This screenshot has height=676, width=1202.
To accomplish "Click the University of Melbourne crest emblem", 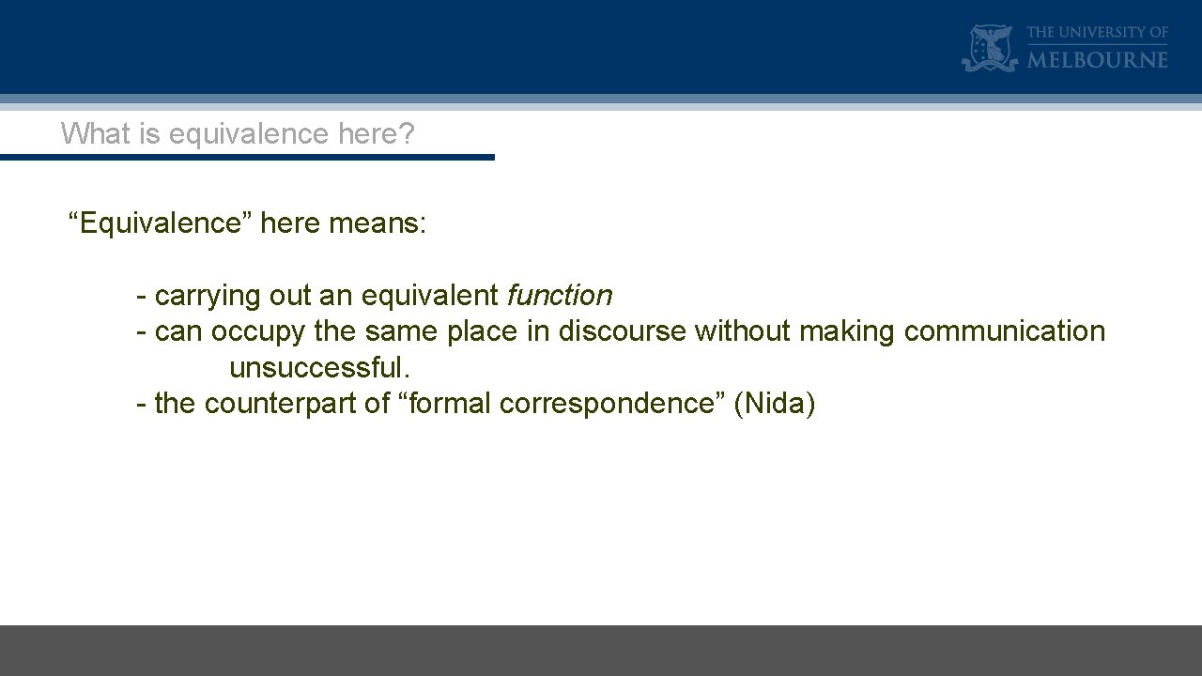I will click(x=990, y=48).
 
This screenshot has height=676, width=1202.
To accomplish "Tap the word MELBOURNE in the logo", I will click(x=1097, y=60).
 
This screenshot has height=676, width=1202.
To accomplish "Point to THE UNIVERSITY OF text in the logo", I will click(x=1097, y=33).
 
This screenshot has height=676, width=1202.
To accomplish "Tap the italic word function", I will click(x=559, y=296).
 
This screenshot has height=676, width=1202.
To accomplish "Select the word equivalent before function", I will click(x=429, y=296).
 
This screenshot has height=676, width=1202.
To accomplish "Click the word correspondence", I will click(x=607, y=404).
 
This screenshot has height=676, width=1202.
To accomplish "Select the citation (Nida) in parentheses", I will click(x=775, y=404).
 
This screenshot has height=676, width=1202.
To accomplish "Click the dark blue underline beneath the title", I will click(x=247, y=157).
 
